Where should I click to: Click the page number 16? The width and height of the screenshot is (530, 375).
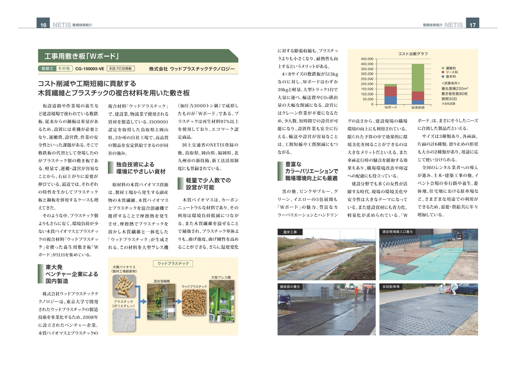click(x=43, y=25)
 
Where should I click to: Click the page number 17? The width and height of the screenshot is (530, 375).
click(x=472, y=25)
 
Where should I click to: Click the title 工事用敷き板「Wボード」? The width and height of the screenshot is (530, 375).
click(x=82, y=56)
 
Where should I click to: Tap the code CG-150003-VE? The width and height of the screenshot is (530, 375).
click(x=89, y=69)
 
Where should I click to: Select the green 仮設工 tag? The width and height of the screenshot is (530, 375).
click(x=47, y=69)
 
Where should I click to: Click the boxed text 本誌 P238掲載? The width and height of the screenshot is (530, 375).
click(x=121, y=69)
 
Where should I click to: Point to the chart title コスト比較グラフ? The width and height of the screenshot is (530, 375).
click(x=413, y=54)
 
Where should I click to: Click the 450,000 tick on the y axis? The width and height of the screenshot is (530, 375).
click(x=367, y=59)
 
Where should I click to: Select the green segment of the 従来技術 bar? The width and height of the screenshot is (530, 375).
click(x=418, y=77)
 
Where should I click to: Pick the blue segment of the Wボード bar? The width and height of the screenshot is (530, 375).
click(x=390, y=100)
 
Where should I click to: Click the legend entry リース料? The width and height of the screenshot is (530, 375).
click(x=451, y=72)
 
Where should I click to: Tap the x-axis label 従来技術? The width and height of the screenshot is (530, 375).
click(x=418, y=108)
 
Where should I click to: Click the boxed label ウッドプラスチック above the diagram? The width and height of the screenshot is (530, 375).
click(x=173, y=264)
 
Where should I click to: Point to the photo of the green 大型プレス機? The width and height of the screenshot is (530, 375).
click(x=221, y=301)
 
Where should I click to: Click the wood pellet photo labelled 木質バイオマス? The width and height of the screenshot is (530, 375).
click(x=124, y=285)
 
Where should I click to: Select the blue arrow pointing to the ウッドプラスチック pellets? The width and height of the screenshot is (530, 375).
click(x=179, y=302)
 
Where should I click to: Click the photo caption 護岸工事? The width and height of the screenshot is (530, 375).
click(x=290, y=232)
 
